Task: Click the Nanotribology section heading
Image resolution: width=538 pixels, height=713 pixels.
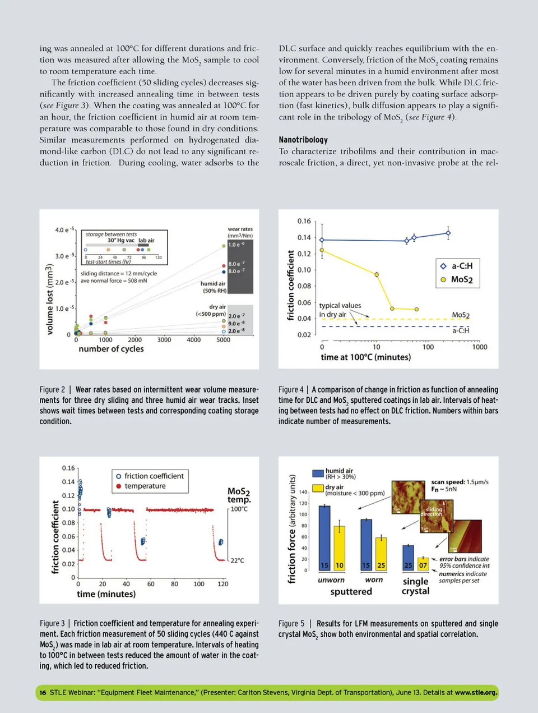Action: tap(303, 140)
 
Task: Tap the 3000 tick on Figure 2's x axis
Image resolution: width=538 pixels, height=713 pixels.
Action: tap(164, 340)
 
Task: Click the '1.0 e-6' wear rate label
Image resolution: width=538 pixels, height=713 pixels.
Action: tap(236, 245)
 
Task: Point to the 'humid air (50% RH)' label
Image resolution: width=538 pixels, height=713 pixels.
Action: tap(214, 287)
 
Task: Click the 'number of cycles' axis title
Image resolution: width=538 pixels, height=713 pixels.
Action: tap(111, 349)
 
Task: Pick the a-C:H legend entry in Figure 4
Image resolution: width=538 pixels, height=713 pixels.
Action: tap(457, 266)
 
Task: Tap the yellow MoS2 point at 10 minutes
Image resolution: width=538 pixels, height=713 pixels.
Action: tap(377, 274)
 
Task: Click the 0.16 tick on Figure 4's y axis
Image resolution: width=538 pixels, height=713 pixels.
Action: tap(304, 221)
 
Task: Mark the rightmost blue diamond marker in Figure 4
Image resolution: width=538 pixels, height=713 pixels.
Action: tap(448, 233)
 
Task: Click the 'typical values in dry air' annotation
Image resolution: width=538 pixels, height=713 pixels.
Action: tap(340, 310)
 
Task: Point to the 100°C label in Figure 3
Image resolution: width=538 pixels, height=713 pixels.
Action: tap(239, 509)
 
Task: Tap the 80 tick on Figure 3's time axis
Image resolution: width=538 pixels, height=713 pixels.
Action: tap(175, 584)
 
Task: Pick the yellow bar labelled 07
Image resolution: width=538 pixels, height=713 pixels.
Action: tap(423, 563)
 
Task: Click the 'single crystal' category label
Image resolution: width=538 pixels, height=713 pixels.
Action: tap(415, 586)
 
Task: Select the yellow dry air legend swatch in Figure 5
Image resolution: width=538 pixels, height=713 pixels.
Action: tap(318, 489)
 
